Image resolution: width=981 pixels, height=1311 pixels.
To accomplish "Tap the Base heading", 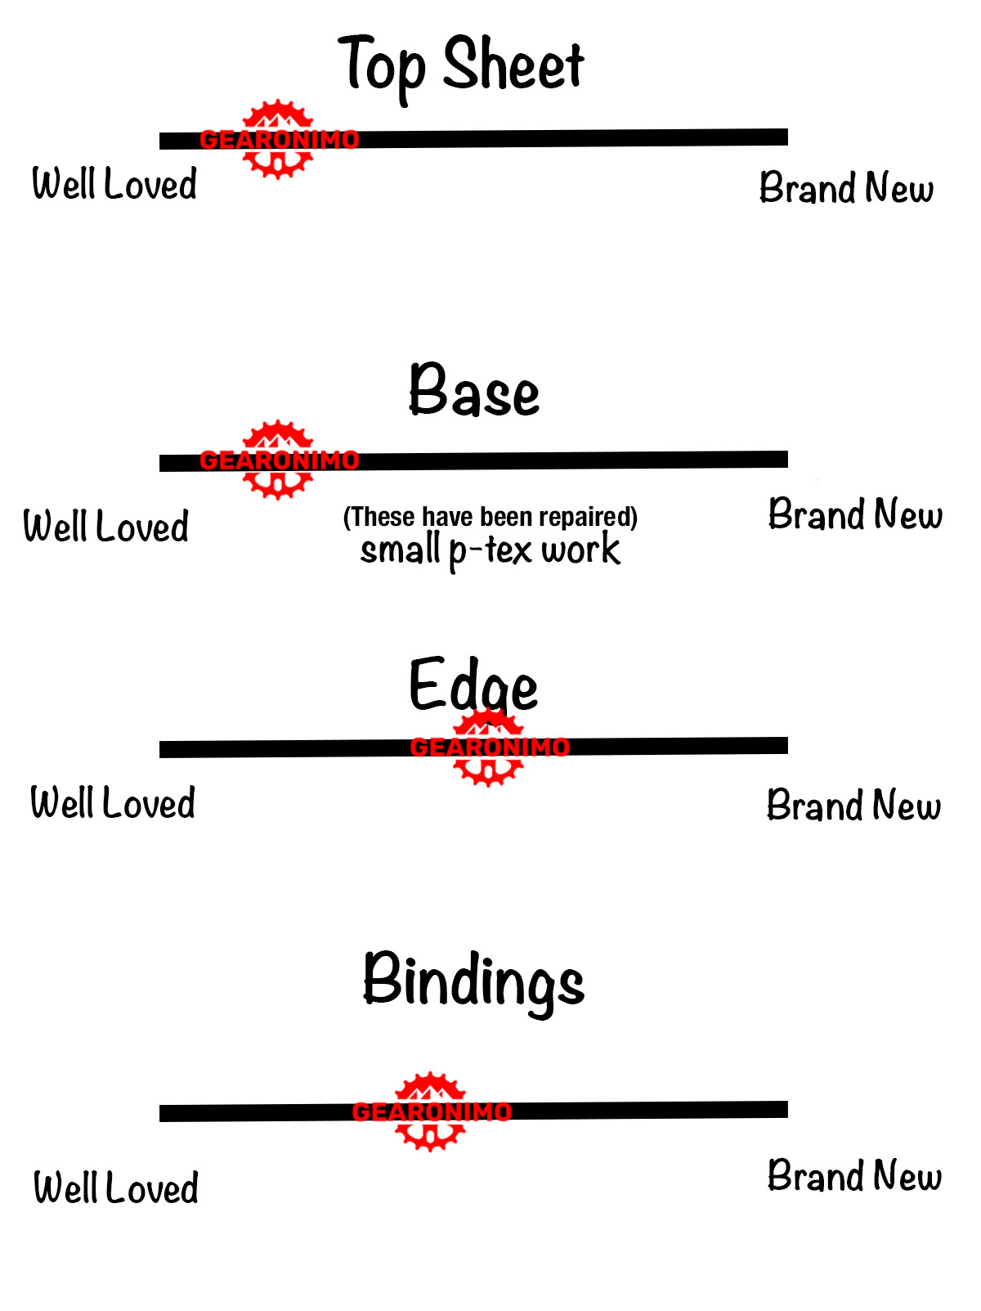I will tap(474, 392).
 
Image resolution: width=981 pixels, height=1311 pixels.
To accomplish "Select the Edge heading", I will tap(473, 685).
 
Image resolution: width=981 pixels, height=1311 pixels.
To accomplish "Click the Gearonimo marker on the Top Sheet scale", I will tap(279, 139).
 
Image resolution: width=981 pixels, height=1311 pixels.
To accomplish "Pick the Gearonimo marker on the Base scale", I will tap(279, 460).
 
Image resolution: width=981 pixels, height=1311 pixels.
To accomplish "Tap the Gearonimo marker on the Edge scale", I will tap(489, 747).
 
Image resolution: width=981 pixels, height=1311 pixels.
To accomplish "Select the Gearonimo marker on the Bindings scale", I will tap(431, 1111).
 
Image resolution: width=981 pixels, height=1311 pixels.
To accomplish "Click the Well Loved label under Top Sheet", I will tap(114, 184).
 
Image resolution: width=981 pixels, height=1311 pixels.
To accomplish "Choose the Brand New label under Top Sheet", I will tap(846, 188).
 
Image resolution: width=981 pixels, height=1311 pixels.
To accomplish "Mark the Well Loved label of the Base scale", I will tap(106, 527).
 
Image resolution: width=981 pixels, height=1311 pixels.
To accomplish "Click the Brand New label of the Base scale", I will tap(855, 515).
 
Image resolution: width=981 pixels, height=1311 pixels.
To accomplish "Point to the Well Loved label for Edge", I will tap(113, 803).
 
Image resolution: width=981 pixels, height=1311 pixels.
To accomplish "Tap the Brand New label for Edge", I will tap(853, 806).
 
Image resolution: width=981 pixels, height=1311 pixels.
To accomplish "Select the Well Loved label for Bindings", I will tap(116, 1188).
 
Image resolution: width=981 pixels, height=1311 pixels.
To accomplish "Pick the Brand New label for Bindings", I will tap(854, 1176).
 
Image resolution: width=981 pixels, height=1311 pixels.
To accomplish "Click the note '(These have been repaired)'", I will tap(490, 517).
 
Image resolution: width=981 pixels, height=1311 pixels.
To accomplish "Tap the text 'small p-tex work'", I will tap(490, 550).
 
